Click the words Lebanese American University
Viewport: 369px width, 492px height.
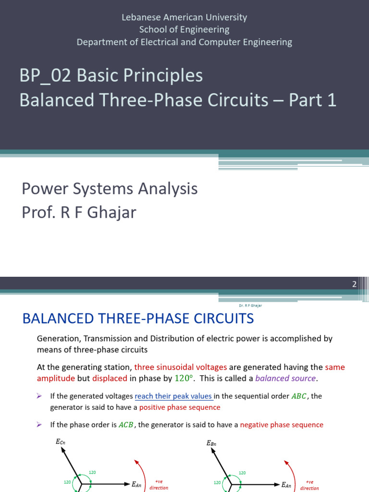[x=184, y=17]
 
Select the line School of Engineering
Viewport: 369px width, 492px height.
[x=184, y=30]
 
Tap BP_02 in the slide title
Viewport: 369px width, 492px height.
[x=45, y=75]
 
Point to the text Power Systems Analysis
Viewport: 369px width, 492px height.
[x=110, y=189]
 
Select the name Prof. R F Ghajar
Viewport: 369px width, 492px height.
[x=79, y=212]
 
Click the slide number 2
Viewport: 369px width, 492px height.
[x=355, y=284]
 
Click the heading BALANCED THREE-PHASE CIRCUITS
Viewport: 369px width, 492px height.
[x=138, y=318]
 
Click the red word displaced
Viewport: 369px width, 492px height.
[x=110, y=378]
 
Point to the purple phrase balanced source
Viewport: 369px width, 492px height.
[x=285, y=378]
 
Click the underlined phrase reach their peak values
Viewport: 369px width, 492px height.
[x=174, y=396]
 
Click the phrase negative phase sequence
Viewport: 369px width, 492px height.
[x=282, y=425]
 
